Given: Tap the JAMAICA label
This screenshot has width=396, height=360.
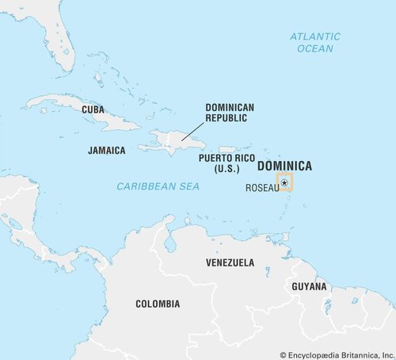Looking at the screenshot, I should (107, 150).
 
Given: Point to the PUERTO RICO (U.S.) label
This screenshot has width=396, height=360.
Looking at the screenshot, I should (225, 163).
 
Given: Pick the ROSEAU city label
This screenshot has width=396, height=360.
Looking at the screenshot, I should (262, 188).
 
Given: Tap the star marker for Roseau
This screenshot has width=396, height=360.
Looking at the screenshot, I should (284, 183).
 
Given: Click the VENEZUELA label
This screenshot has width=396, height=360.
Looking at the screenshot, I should (230, 262).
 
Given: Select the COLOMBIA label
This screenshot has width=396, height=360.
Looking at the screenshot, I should (157, 304).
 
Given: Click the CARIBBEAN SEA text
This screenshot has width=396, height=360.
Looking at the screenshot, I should (158, 186).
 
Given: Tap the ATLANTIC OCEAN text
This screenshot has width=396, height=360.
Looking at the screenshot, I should (314, 42).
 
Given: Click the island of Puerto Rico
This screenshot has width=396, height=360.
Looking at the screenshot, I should (227, 149).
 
